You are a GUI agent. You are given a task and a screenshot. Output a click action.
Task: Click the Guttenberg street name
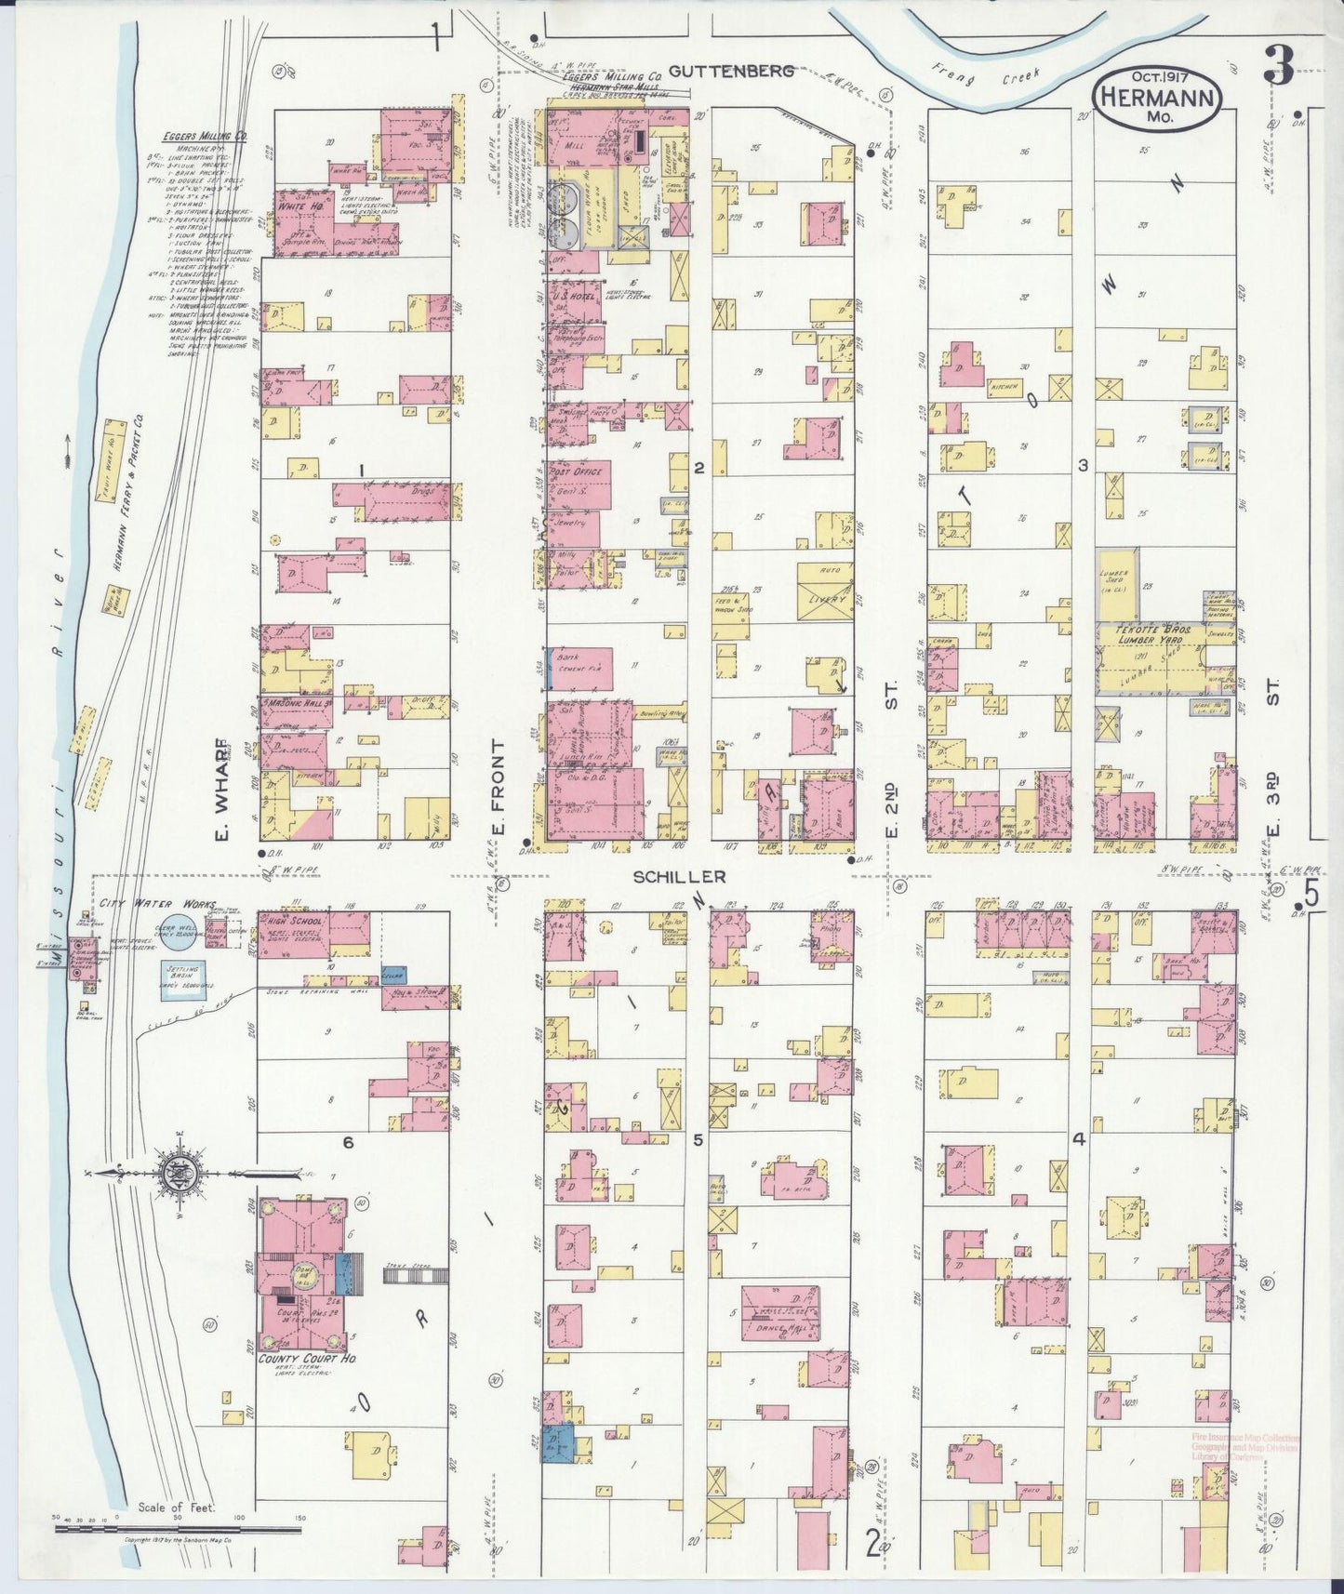731,71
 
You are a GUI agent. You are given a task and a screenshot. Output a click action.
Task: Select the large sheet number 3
1279,68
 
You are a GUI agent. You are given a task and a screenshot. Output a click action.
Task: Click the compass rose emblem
175,1174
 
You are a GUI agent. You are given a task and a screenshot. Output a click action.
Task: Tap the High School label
294,921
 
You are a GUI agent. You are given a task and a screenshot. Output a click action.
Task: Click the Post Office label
578,472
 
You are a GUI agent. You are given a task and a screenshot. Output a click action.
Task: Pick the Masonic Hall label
294,703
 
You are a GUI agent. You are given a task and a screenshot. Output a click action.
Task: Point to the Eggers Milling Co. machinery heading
202,137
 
